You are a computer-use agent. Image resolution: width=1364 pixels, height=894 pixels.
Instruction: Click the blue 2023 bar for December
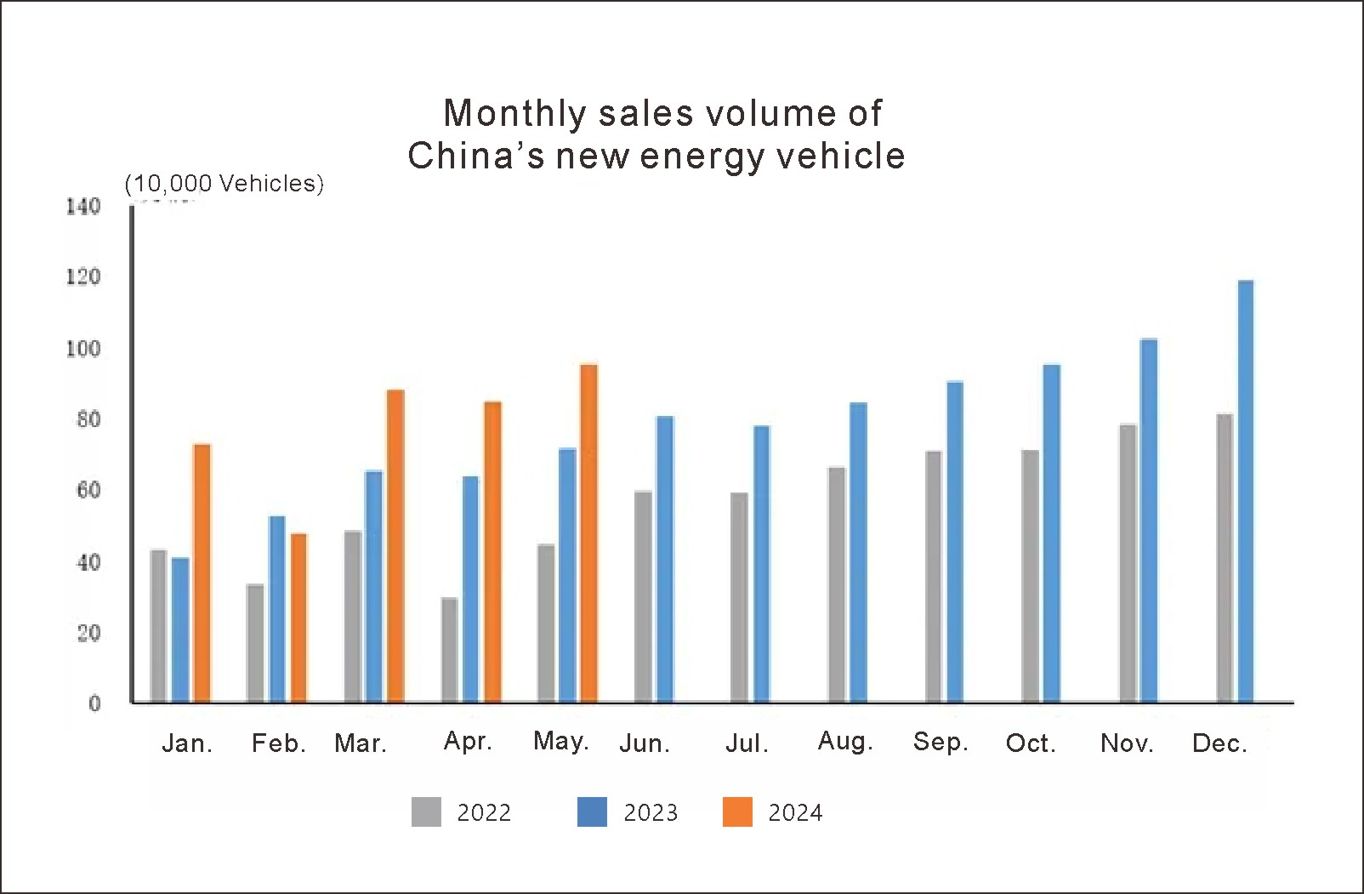tap(1246, 492)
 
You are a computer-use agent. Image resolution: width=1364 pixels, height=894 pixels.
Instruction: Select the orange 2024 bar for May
tap(588, 533)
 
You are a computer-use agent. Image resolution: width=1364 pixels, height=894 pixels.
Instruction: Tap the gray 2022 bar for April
tap(449, 650)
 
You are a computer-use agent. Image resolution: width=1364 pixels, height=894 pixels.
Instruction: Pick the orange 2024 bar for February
tap(298, 618)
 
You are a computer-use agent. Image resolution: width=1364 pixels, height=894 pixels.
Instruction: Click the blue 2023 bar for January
tap(180, 629)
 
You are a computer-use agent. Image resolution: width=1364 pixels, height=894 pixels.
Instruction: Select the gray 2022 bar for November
tap(1128, 563)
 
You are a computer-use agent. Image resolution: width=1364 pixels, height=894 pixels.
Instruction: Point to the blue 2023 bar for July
tap(761, 564)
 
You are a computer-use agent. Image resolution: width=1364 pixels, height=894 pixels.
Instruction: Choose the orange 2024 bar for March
tap(395, 546)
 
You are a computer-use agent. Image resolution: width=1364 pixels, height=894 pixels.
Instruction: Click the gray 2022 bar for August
tap(837, 584)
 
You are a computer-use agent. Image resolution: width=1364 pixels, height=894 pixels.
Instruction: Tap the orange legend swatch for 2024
tap(737, 811)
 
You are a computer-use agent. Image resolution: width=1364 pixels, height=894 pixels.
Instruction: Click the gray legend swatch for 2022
tap(426, 811)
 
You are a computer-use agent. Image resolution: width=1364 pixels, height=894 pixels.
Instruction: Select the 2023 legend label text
tap(651, 813)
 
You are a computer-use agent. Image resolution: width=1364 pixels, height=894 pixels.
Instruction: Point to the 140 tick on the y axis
tap(83, 206)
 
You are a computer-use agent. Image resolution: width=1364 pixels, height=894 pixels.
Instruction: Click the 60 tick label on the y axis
tap(88, 490)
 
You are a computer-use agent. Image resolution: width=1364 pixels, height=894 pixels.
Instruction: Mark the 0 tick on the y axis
tap(94, 703)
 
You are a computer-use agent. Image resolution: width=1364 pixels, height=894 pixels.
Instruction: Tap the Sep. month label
tap(941, 742)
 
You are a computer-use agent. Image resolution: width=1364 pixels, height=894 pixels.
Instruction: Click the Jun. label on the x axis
tap(645, 743)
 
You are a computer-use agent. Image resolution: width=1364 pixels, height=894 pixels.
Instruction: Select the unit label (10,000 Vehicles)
tap(224, 184)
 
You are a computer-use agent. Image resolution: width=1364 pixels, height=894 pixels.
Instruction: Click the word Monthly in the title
tap(514, 113)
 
